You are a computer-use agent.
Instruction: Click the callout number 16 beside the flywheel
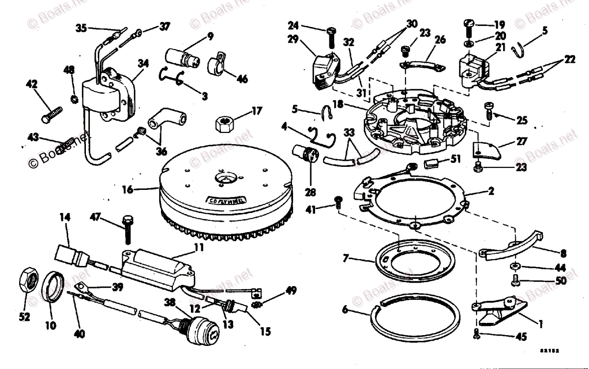pos(128,188)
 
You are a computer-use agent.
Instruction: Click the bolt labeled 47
pos(127,229)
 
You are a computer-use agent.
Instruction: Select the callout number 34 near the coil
pos(143,63)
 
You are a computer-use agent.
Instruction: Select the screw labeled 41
pos(338,202)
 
